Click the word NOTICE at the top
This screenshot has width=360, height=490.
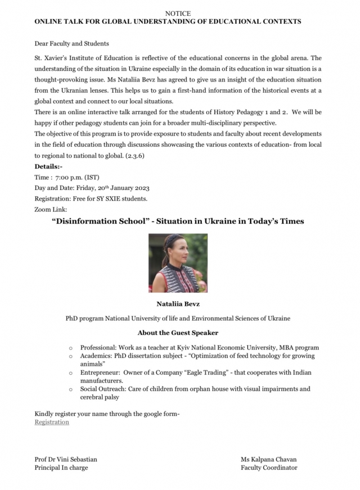[x=178, y=13]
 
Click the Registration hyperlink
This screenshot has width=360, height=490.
[x=52, y=422]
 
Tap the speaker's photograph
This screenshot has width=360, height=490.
[x=178, y=264]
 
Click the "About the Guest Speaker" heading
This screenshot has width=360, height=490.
[x=178, y=333]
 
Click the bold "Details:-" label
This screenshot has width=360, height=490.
[x=48, y=167]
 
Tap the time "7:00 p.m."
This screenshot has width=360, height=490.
[x=69, y=177]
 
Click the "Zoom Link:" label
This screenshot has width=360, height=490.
[x=51, y=209]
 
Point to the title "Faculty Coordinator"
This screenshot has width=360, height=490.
[x=269, y=467]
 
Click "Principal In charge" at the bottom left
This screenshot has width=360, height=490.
[x=61, y=467]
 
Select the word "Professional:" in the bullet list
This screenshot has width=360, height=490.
[x=98, y=348]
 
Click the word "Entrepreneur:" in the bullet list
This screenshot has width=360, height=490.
[x=100, y=373]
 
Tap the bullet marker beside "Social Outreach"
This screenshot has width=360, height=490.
[x=70, y=389]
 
